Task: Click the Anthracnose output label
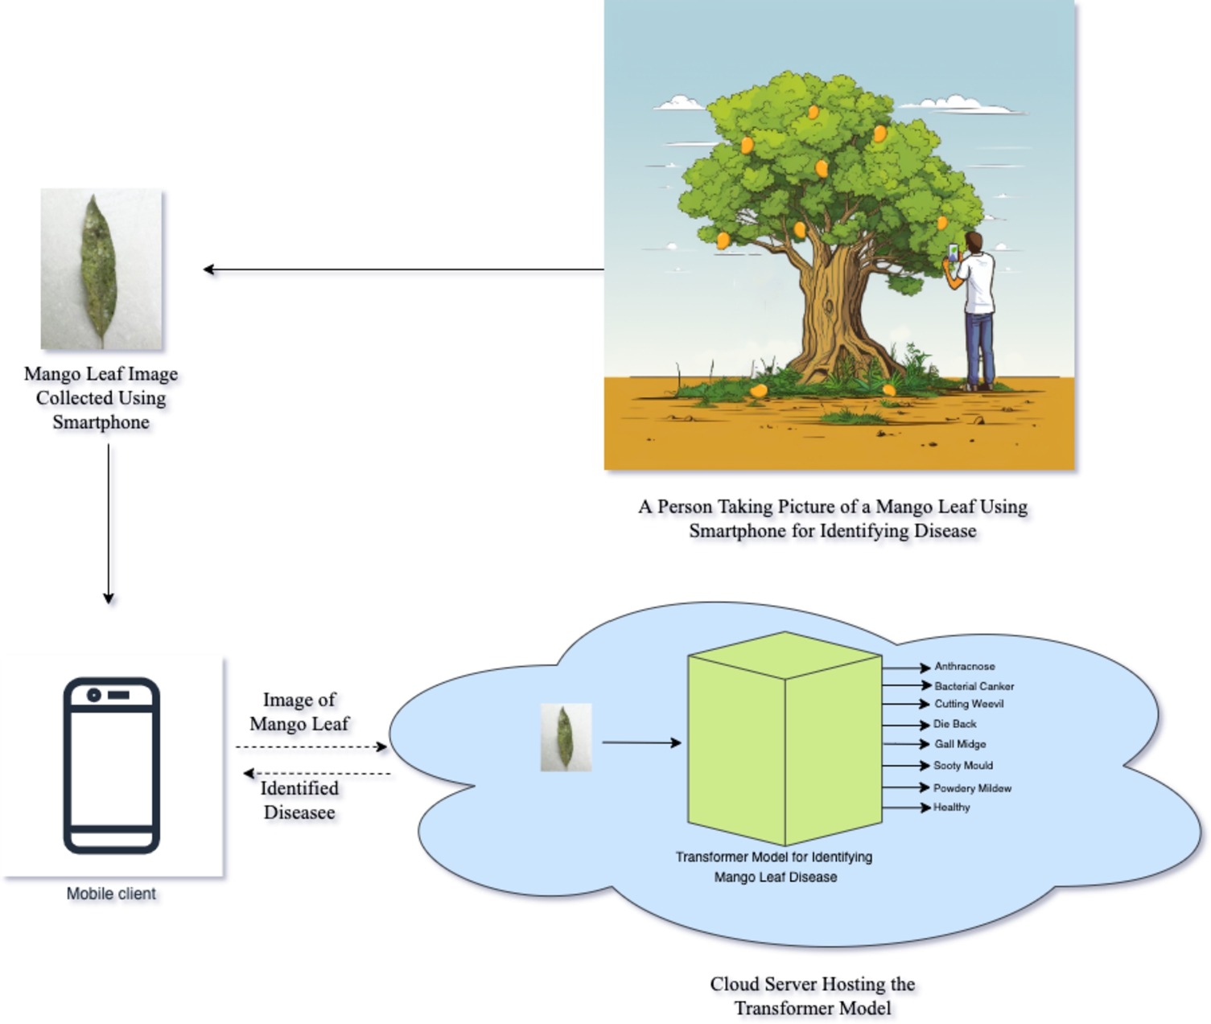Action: [964, 667]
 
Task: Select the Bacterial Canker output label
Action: [974, 686]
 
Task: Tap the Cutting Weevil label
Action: [969, 704]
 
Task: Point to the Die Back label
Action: [954, 724]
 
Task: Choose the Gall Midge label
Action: [960, 744]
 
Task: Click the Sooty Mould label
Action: [962, 766]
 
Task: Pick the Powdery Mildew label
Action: [972, 788]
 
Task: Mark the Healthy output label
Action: [951, 808]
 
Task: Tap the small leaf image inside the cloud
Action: [566, 738]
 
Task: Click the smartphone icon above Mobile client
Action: [112, 765]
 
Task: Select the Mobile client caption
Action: [111, 894]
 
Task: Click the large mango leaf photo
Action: [101, 269]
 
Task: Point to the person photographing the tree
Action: [976, 310]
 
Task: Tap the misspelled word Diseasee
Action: [299, 812]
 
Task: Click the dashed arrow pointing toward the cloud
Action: [311, 747]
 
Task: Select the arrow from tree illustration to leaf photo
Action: [402, 269]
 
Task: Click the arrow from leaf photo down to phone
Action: [109, 523]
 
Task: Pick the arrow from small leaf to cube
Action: [641, 742]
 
